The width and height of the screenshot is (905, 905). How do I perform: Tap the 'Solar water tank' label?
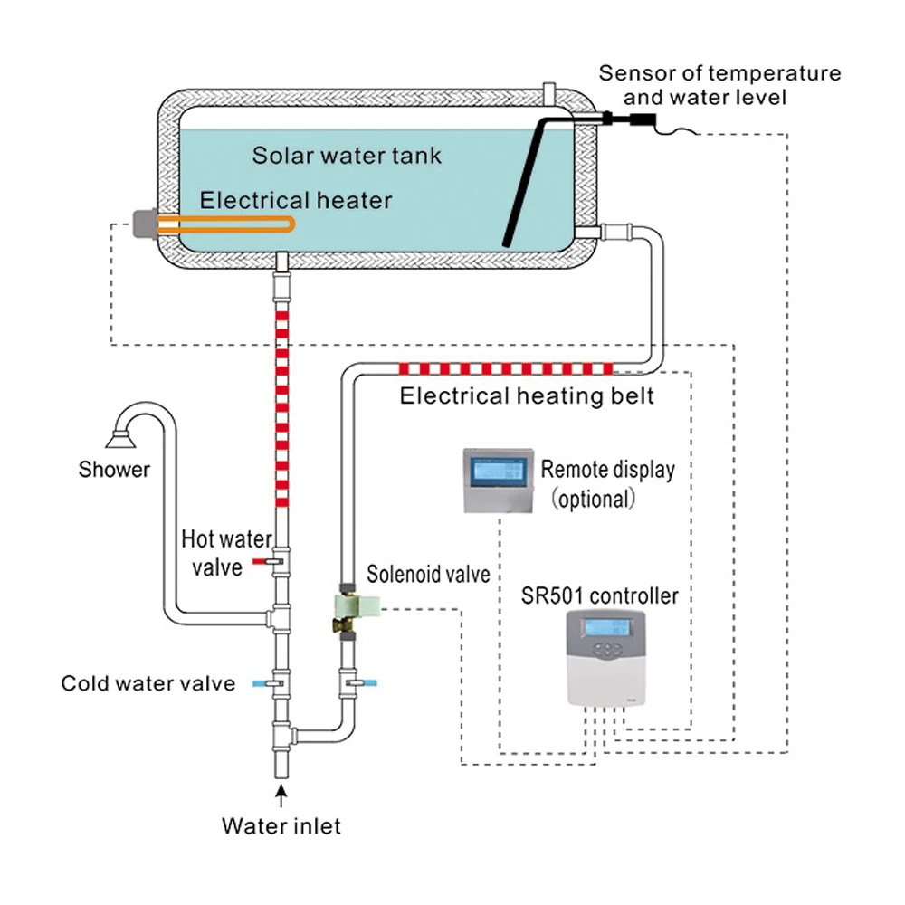pos(347,155)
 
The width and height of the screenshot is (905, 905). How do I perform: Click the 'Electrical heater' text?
pos(296,200)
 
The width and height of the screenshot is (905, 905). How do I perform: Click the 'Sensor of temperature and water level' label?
pos(719,84)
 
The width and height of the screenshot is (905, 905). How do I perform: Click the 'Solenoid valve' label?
pos(428,574)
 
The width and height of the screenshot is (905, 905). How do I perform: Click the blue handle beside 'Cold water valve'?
pos(259,683)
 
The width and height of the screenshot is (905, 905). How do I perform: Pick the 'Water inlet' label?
pos(282,825)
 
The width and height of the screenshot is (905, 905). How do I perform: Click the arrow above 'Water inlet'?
pos(282,796)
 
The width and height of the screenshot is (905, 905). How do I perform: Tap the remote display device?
pos(498,481)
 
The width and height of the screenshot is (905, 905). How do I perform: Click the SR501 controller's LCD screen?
pos(609,627)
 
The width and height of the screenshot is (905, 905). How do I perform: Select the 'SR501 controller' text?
pos(599,596)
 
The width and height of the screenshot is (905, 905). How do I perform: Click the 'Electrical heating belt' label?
pos(527,396)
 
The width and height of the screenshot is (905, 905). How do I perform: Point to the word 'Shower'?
pos(114,470)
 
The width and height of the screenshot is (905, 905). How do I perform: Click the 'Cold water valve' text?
pos(148,683)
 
